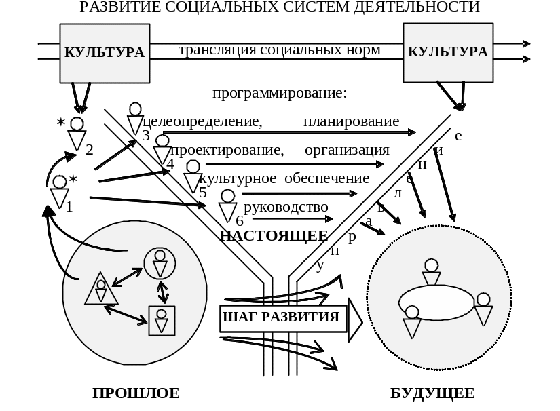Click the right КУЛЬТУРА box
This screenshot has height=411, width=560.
point(447,53)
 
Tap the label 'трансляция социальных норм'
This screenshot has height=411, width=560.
point(279,50)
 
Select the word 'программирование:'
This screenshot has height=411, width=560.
point(279,93)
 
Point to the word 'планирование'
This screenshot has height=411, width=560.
point(351,122)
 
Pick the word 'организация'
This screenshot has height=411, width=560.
point(347,150)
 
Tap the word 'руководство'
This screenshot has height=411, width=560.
point(286,207)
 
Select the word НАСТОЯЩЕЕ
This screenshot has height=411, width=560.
point(274,236)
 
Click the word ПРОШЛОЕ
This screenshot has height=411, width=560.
point(136,393)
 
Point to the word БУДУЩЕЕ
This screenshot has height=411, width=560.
point(433,393)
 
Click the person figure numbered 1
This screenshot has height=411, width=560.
point(60,192)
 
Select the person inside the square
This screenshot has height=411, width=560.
point(162,320)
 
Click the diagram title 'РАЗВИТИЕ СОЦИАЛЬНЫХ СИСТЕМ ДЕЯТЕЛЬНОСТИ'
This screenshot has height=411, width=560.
point(280,7)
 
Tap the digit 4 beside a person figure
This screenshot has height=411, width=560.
point(170,164)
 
